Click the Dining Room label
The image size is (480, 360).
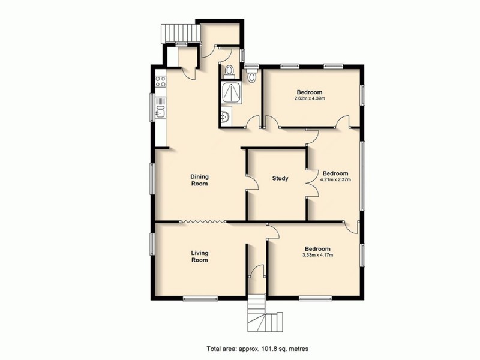(199, 180)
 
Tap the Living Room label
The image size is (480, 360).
(199, 256)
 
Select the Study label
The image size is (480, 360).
(280, 178)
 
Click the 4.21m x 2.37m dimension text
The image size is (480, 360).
(335, 179)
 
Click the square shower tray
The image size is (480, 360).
(230, 92)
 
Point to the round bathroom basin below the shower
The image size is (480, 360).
(225, 118)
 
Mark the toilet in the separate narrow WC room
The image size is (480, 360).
(252, 76)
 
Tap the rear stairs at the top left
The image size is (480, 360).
(178, 32)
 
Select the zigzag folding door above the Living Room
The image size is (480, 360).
(203, 223)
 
